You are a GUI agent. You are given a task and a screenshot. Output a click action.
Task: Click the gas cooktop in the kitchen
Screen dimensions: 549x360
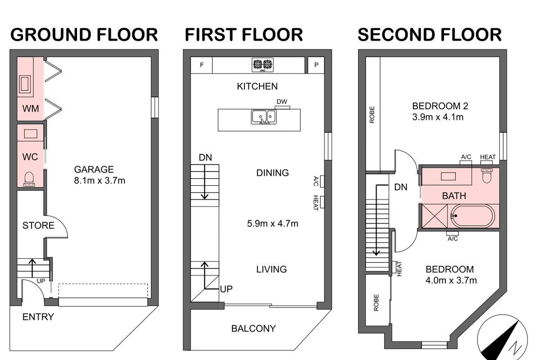click(263, 65)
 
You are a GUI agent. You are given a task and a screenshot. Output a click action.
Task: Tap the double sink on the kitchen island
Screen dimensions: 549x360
click(264, 117)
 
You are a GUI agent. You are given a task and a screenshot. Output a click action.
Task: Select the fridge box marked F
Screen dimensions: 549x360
click(201, 65)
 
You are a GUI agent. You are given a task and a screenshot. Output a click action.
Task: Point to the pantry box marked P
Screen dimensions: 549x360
click(316, 65)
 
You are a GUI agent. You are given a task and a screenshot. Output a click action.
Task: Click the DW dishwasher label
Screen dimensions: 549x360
click(282, 102)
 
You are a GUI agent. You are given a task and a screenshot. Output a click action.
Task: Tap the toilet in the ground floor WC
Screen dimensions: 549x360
click(29, 180)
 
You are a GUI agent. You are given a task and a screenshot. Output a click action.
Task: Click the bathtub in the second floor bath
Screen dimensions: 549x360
click(473, 216)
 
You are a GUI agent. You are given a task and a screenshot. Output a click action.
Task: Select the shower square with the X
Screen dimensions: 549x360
click(435, 216)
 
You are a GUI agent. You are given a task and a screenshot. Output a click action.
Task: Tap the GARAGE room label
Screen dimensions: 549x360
click(94, 170)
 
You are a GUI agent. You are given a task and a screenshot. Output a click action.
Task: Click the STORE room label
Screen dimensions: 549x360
click(38, 225)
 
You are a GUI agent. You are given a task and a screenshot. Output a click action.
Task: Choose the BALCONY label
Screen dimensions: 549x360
click(254, 328)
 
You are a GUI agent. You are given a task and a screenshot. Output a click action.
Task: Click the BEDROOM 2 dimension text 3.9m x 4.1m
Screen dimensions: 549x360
click(438, 117)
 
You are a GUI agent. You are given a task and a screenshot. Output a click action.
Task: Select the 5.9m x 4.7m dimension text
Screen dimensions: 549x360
click(272, 224)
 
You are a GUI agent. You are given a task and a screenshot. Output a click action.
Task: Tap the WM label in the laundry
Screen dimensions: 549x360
click(31, 108)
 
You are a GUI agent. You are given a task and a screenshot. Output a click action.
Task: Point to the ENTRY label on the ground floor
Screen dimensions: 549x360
click(38, 317)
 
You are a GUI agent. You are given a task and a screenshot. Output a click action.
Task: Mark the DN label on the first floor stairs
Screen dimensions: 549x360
click(205, 157)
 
